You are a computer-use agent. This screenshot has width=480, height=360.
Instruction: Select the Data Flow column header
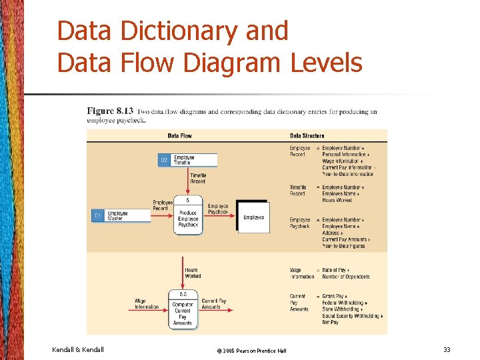(x=179, y=135)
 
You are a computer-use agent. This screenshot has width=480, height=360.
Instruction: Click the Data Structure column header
(x=307, y=135)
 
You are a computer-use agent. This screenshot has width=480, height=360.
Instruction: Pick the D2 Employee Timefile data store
(x=187, y=160)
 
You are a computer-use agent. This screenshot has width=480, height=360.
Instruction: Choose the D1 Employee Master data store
(x=121, y=216)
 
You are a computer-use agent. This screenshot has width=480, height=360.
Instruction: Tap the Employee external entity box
(x=253, y=217)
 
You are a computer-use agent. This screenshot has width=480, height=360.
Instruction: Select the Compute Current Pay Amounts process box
(x=183, y=310)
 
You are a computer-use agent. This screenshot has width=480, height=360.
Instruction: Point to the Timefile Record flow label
(x=198, y=178)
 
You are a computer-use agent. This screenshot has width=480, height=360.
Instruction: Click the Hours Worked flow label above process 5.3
(x=193, y=273)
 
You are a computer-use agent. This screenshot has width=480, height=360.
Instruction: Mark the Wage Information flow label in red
(x=147, y=304)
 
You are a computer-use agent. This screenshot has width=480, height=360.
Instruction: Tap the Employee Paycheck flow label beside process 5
(x=219, y=209)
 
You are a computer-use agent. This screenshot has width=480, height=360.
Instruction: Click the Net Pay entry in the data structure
(x=331, y=322)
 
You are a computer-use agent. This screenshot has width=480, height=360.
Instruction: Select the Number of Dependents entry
(x=346, y=277)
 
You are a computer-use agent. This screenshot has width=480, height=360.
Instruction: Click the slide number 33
(x=446, y=349)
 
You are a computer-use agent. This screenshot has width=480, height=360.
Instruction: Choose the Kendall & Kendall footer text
(x=78, y=349)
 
